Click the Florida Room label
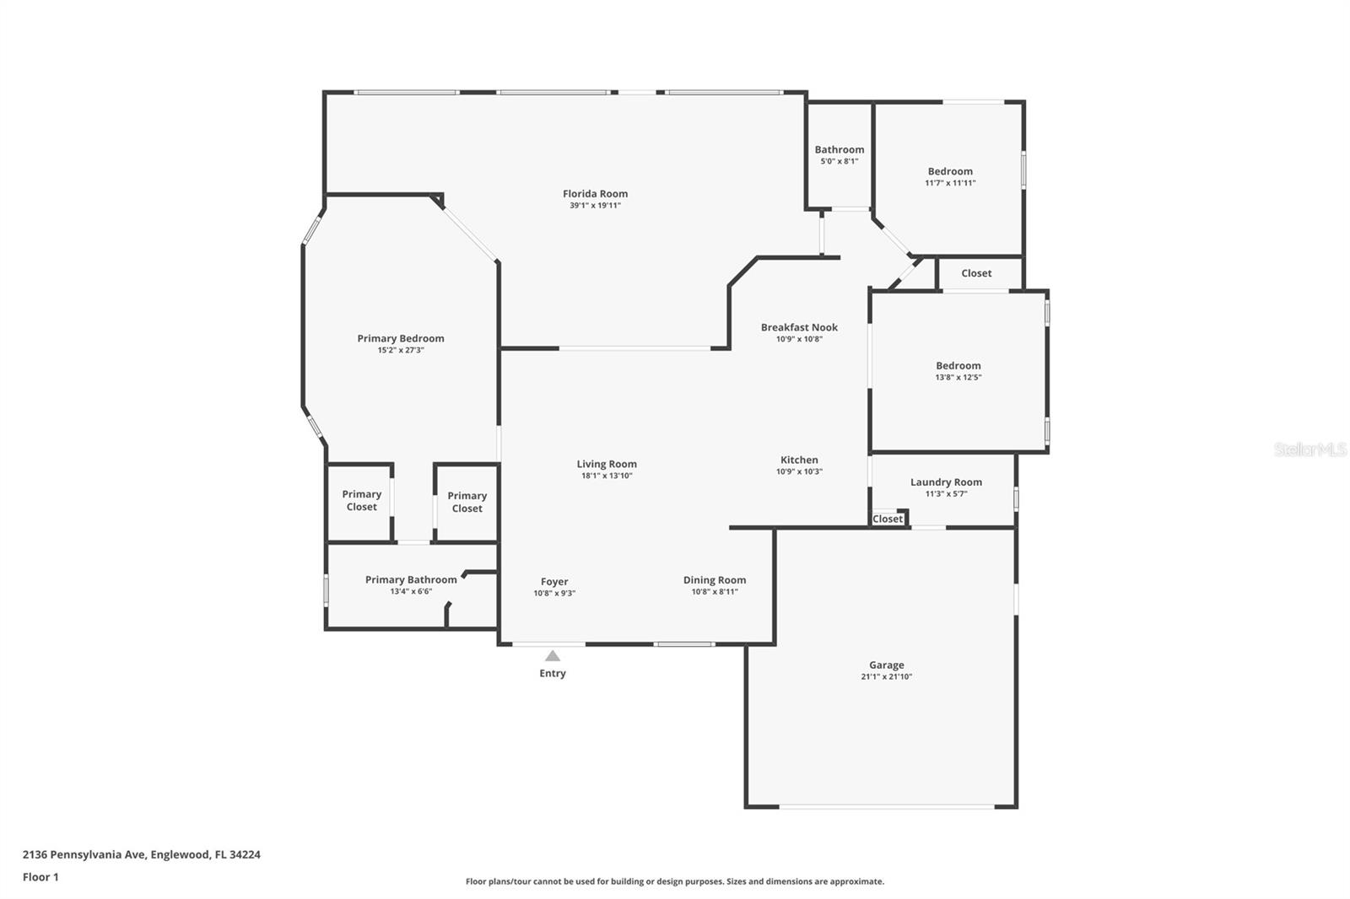pyautogui.click(x=595, y=194)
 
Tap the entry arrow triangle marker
pyautogui.click(x=553, y=656)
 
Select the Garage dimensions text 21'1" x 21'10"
pyautogui.click(x=886, y=676)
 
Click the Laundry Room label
pyautogui.click(x=946, y=482)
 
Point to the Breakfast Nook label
pyautogui.click(x=799, y=327)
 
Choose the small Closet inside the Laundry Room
pyautogui.click(x=887, y=519)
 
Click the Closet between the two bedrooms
pyautogui.click(x=976, y=273)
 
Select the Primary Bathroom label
pyautogui.click(x=411, y=579)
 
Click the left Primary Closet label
pyautogui.click(x=361, y=500)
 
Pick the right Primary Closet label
pyautogui.click(x=467, y=502)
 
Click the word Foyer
pyautogui.click(x=554, y=582)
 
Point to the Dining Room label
pyautogui.click(x=715, y=580)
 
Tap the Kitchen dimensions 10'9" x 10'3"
pyautogui.click(x=799, y=471)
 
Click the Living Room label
pyautogui.click(x=607, y=464)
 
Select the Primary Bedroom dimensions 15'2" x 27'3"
pyautogui.click(x=401, y=350)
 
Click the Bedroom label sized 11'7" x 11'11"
pyautogui.click(x=950, y=171)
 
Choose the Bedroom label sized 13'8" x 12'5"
pyautogui.click(x=958, y=366)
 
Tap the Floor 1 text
pyautogui.click(x=40, y=877)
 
